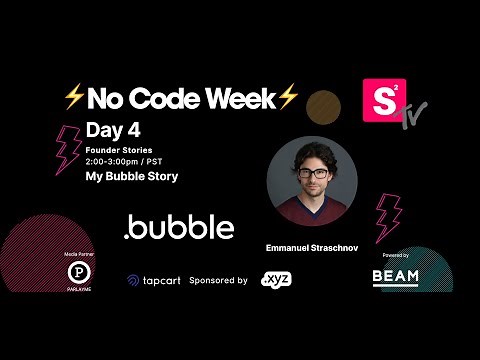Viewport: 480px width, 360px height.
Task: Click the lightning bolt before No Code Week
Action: [73, 97]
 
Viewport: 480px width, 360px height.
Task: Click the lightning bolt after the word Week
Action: [288, 97]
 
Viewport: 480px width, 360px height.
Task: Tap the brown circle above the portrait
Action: [323, 106]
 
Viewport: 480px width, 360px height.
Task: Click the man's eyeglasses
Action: [313, 173]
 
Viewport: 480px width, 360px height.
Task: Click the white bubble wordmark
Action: [179, 228]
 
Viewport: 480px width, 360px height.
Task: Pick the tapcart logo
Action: [152, 281]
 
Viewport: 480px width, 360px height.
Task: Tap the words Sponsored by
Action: [218, 281]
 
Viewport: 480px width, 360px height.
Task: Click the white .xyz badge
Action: [275, 281]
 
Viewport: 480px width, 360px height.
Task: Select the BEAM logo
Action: [395, 276]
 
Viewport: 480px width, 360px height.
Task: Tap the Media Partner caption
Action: [70, 256]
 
